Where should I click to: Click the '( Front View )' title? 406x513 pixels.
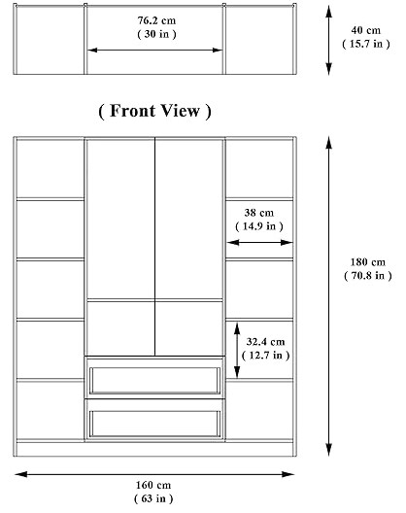click(154, 111)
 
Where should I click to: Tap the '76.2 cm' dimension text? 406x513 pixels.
click(155, 19)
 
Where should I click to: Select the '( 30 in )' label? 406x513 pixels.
click(155, 33)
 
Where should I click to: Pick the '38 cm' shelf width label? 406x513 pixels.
click(259, 213)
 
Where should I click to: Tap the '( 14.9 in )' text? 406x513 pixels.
click(259, 226)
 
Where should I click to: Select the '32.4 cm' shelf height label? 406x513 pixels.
click(265, 341)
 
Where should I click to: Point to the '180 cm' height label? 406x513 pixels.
click(366, 261)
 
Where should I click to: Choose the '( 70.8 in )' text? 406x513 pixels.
click(366, 275)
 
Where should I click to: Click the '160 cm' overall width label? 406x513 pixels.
click(155, 485)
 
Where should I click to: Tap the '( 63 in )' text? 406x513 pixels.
click(155, 498)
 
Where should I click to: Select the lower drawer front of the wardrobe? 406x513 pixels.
click(154, 421)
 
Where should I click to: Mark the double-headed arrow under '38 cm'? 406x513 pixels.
click(259, 243)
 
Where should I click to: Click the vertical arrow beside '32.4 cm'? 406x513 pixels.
click(238, 349)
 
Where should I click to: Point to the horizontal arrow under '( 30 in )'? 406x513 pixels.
click(155, 48)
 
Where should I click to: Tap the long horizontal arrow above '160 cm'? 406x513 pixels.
click(155, 473)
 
